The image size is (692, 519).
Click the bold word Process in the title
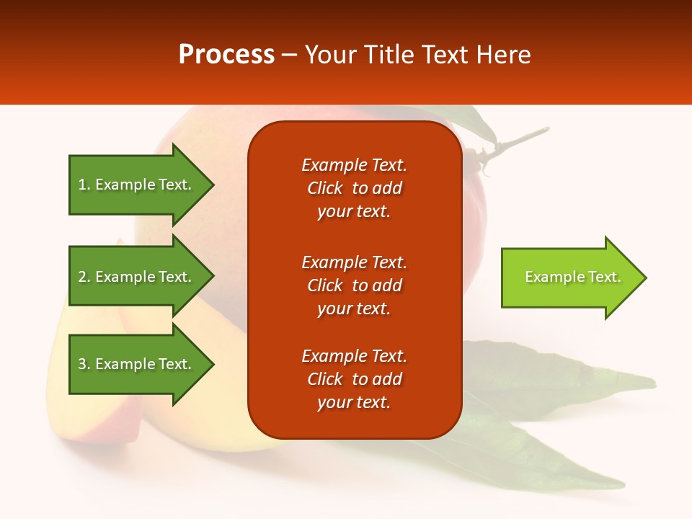tap(226, 54)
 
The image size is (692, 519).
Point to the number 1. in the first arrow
tap(84, 185)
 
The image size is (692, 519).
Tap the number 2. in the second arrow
tap(84, 277)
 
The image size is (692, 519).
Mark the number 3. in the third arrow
tap(84, 364)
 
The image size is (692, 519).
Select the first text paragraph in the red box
tap(354, 188)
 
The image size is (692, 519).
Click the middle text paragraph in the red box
tap(354, 285)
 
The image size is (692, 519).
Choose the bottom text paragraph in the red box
tap(354, 379)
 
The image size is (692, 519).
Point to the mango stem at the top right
tap(515, 141)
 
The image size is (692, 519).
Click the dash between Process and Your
tap(290, 55)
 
